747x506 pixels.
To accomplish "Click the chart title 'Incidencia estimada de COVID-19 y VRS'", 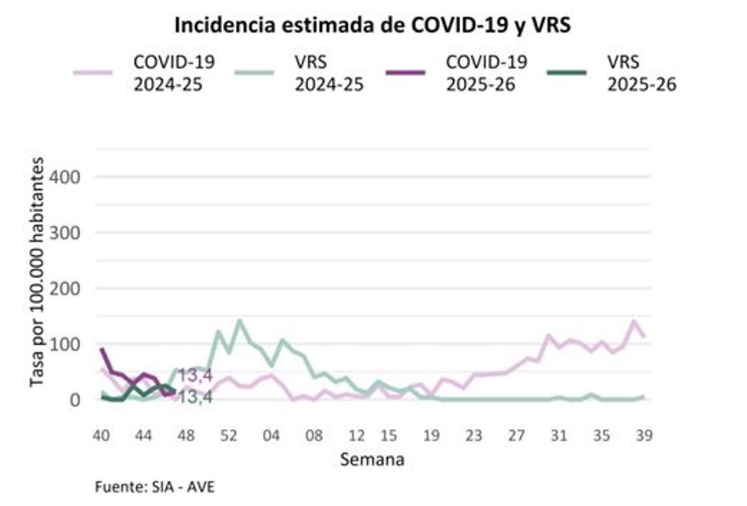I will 372,26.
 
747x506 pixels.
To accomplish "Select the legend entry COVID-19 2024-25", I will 174,73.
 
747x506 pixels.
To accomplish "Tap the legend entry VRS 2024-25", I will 329,73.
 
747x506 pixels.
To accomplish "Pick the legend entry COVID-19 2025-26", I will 486,73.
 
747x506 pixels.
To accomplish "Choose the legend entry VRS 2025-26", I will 641,73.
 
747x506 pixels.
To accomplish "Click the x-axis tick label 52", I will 229,436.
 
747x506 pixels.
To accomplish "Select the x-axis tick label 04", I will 271,436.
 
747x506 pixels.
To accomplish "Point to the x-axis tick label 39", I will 644,436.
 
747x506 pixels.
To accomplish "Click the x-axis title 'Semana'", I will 372,460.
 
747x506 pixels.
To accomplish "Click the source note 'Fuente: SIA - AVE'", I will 155,486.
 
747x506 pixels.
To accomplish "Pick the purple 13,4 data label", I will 195,375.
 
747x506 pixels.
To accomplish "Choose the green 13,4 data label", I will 195,396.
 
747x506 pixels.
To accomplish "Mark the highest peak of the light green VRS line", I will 240,321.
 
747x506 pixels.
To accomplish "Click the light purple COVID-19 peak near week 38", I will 634,322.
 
